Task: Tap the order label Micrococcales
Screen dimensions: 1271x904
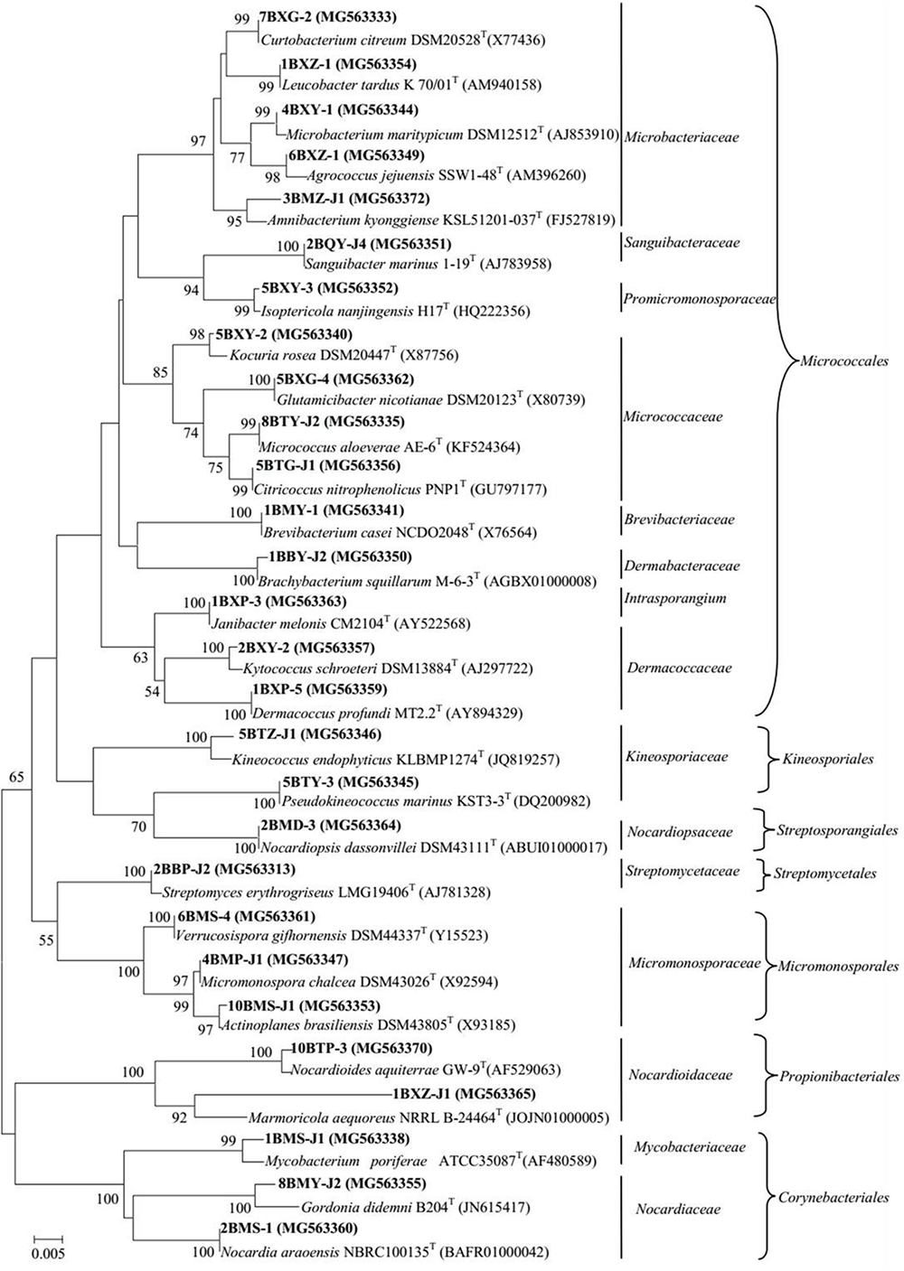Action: pos(844,361)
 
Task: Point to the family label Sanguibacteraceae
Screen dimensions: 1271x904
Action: pos(677,243)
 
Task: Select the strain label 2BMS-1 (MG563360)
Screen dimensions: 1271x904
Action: pos(289,1228)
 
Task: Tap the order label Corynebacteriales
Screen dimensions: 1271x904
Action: pos(833,1198)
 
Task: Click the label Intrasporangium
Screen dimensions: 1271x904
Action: pos(675,598)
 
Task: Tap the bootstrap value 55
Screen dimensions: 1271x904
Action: pos(45,941)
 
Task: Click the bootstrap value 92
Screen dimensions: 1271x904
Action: pos(180,1117)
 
